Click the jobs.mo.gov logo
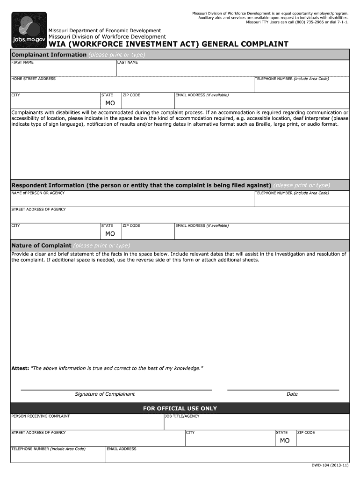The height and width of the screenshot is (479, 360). (x=29, y=29)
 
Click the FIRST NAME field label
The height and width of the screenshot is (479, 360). (x=22, y=63)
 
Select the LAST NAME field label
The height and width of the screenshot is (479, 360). (x=128, y=63)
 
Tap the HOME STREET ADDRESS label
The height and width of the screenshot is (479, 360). (x=33, y=79)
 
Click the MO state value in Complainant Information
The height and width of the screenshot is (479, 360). (x=110, y=103)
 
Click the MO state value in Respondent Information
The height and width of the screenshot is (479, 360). (x=110, y=233)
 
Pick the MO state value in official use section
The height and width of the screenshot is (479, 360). (x=285, y=441)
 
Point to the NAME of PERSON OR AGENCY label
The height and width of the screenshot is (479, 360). (x=38, y=193)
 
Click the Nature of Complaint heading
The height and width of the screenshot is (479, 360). (x=41, y=246)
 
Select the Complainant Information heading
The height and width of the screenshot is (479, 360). (x=49, y=55)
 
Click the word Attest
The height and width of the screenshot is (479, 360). (x=20, y=369)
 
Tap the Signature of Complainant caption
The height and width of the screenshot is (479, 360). (x=105, y=394)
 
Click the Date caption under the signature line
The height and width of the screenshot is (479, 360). (x=292, y=394)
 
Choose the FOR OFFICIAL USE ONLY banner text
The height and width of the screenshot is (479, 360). (x=180, y=408)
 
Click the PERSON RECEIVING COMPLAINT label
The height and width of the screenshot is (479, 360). (x=40, y=416)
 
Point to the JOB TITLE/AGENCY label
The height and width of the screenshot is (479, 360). (x=182, y=416)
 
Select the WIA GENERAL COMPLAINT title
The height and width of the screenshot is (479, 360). (x=168, y=44)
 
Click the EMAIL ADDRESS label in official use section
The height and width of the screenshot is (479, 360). (x=122, y=449)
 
